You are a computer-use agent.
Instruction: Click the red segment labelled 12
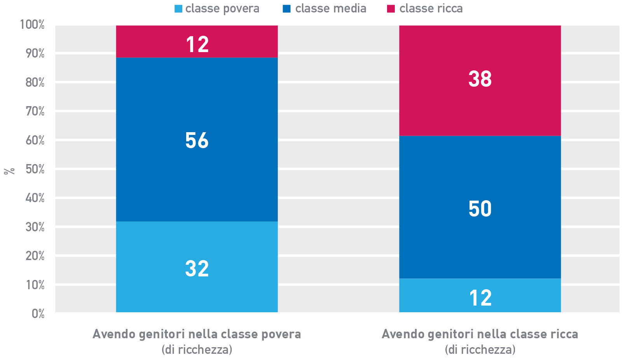[x=197, y=42]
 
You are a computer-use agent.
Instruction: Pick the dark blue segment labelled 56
[x=197, y=140]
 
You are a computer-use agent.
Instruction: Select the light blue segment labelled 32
[x=197, y=267]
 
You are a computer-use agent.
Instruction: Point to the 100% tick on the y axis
[x=32, y=25]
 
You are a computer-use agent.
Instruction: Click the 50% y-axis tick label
[x=35, y=169]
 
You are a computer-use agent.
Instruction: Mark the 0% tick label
[x=38, y=314]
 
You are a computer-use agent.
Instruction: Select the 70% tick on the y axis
[x=35, y=112]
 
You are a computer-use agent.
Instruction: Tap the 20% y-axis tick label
[x=35, y=256]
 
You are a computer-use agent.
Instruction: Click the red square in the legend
[x=391, y=9]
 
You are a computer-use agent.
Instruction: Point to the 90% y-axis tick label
[x=35, y=54]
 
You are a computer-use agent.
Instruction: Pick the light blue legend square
[x=178, y=9]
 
